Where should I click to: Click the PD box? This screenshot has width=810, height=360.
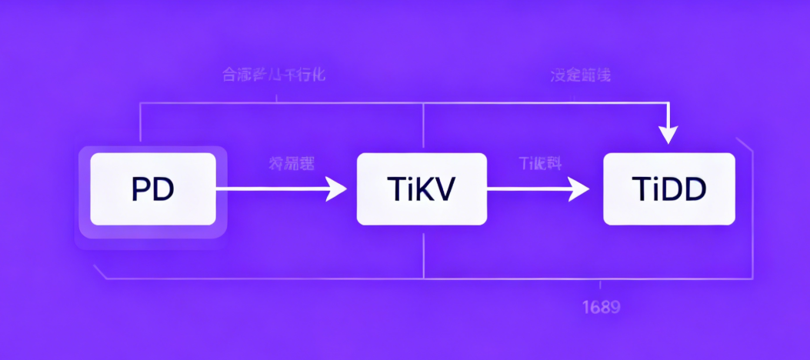(153, 189)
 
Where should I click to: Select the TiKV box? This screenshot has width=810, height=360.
(422, 189)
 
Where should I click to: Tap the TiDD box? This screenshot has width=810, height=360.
(668, 189)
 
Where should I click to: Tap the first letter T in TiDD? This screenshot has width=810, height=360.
(638, 189)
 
